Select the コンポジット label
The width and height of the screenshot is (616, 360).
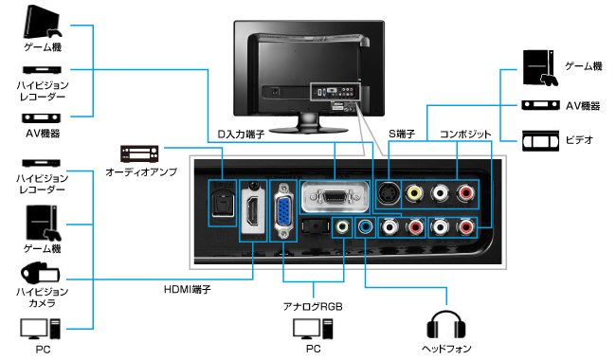(x=462, y=134)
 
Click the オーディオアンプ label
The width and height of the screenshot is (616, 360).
(x=139, y=172)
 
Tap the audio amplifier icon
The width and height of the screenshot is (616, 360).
(x=137, y=153)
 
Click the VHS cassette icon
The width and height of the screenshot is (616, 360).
(x=539, y=139)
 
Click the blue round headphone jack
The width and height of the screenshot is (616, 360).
(x=365, y=227)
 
